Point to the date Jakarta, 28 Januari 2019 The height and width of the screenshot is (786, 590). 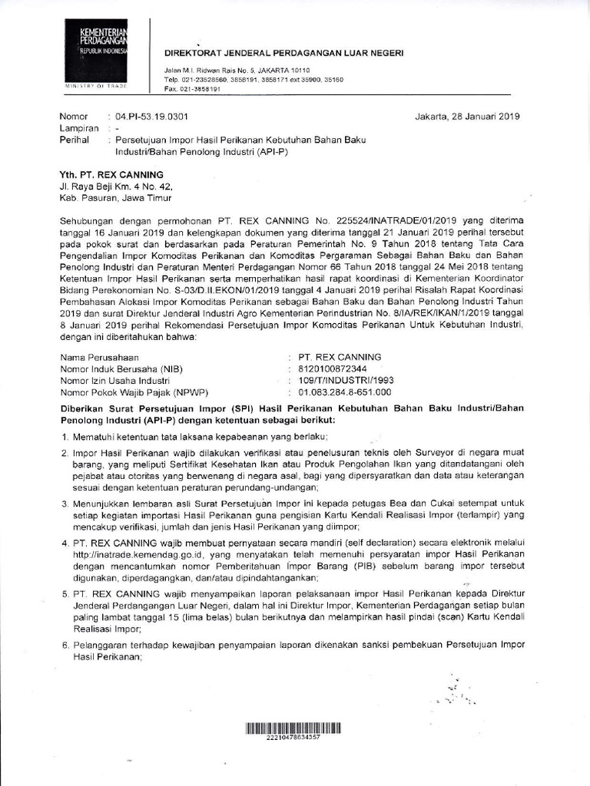[467, 117]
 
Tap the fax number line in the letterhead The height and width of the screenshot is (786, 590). [193, 89]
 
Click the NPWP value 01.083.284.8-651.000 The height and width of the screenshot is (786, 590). [345, 392]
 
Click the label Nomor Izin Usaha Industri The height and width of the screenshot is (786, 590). [114, 381]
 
